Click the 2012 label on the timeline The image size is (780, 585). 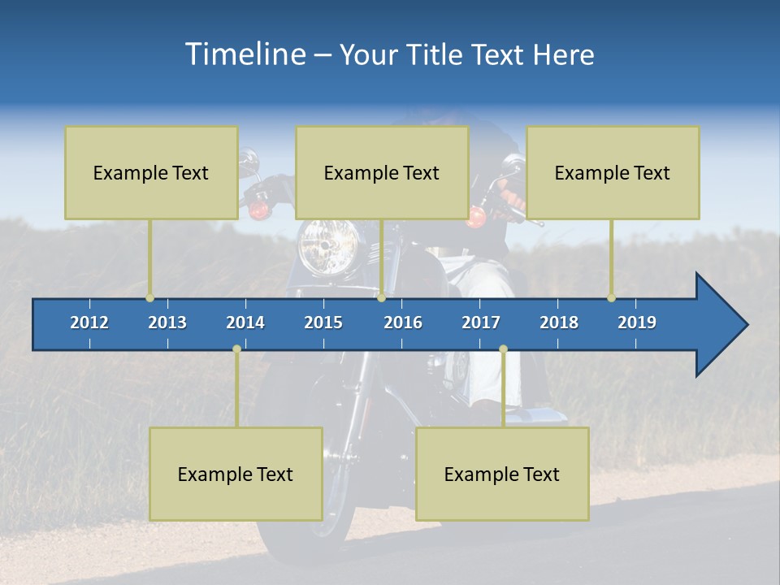pos(89,323)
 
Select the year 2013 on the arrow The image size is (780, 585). pos(167,323)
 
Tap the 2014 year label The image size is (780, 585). pos(245,323)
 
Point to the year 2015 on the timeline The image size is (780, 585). pos(323,323)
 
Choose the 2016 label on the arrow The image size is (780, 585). pos(403,323)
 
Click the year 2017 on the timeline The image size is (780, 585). pos(481,323)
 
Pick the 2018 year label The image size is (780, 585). pos(559,323)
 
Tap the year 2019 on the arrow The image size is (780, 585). pos(637,323)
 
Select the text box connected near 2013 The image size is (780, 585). pos(151,172)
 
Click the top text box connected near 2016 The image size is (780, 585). pos(382,172)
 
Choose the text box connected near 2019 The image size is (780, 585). pos(613,172)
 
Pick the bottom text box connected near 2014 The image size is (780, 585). pos(236,474)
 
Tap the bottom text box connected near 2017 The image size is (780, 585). pos(502,474)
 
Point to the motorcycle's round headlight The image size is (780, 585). pos(328,246)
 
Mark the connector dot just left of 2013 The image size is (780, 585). pos(149,297)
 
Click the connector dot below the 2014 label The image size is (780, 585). pos(236,349)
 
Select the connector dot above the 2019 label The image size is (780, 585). pos(611,297)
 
